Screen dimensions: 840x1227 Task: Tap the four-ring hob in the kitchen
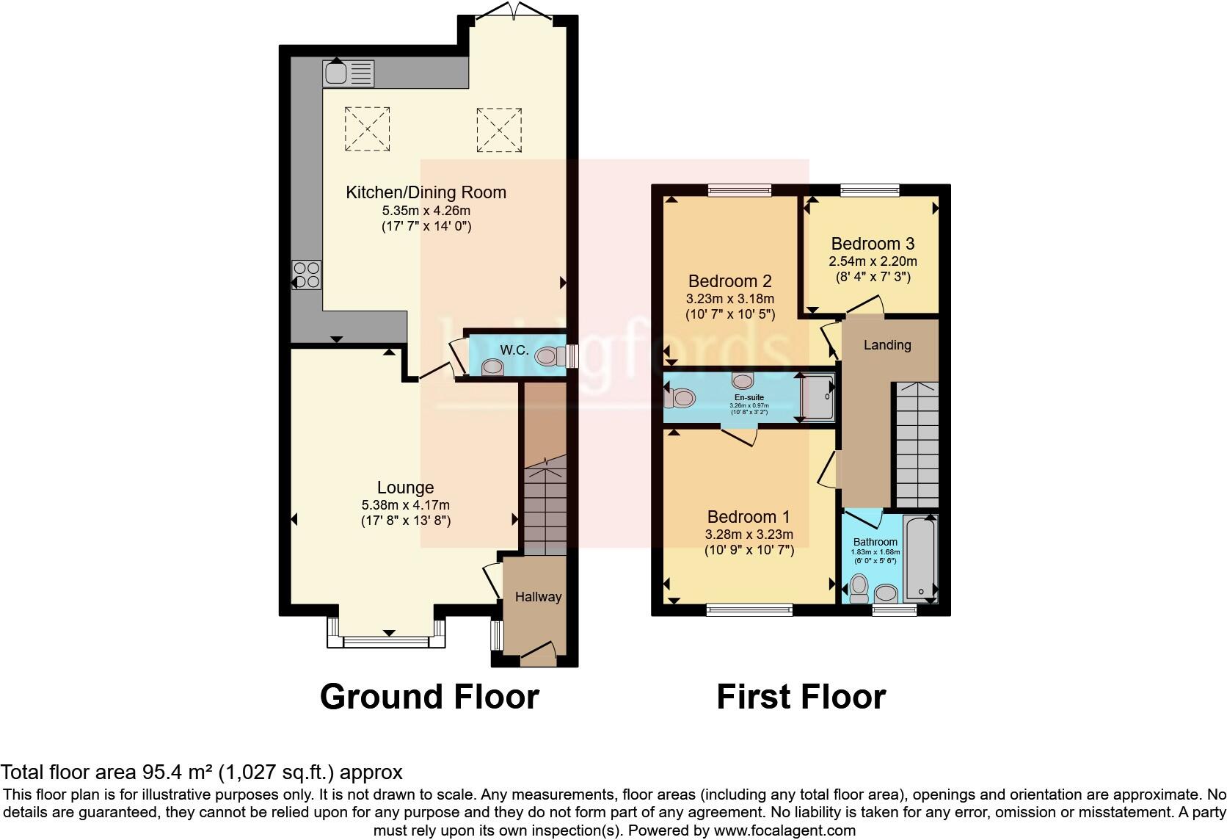pos(307,275)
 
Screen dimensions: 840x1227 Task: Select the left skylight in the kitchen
pos(367,129)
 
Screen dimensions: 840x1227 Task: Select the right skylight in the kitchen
pos(499,129)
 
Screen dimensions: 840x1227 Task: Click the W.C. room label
pos(514,350)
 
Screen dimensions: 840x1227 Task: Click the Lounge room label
pos(405,488)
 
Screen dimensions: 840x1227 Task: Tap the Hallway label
pos(538,597)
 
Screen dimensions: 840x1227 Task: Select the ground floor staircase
pos(545,507)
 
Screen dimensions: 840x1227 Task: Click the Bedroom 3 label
pos(873,244)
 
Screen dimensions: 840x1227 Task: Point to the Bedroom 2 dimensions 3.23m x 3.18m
pos(729,299)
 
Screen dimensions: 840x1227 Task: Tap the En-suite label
pos(749,397)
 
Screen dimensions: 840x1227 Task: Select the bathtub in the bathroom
pos(920,558)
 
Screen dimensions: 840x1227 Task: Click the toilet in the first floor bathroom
pos(858,587)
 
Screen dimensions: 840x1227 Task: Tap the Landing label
pos(886,345)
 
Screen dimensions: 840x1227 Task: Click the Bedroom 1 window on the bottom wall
pos(749,609)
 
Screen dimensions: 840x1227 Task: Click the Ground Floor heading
pos(429,696)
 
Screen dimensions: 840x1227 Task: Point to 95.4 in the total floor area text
pos(159,772)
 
